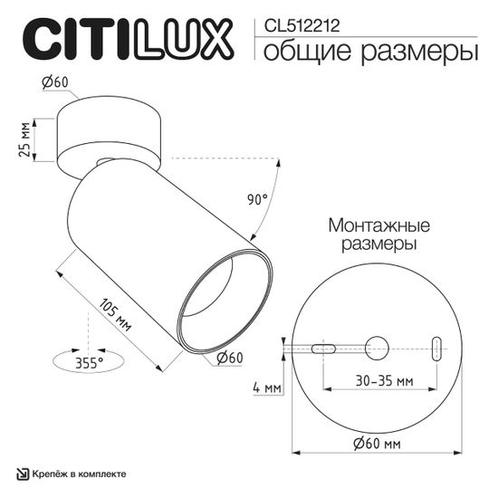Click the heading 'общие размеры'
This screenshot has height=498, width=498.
(370, 52)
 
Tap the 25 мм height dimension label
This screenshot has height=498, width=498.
(24, 140)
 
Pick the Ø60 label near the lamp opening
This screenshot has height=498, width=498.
(230, 358)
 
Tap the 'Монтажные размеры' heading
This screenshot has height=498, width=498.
(378, 234)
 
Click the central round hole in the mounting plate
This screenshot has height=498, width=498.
(378, 348)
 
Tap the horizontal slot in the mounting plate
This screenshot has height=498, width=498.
(323, 348)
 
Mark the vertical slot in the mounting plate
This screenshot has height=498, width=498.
(436, 348)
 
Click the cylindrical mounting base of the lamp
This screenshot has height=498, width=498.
(110, 136)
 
